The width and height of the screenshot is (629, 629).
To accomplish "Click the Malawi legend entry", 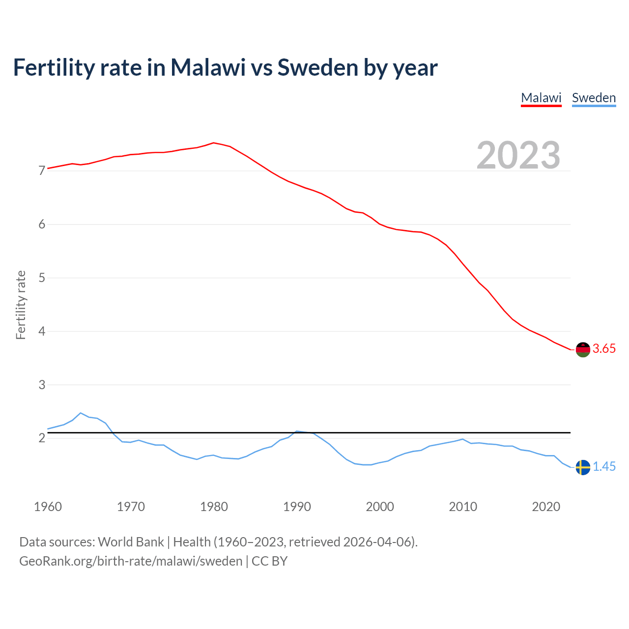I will point(541,98).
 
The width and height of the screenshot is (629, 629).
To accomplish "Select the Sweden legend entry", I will point(594,98).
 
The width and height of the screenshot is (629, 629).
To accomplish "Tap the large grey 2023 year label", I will point(518,155).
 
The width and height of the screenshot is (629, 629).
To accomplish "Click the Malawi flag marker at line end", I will point(583,349).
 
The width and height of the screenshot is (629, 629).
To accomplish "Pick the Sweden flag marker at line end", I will point(583,467).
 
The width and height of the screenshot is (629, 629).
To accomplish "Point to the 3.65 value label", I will point(604,349).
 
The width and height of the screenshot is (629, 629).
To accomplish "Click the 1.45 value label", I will point(604,467).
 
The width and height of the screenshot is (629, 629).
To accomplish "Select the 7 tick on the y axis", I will point(42,171).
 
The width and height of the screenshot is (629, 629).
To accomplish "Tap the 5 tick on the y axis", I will point(42,278).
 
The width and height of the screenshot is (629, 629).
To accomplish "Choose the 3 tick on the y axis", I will point(42,385).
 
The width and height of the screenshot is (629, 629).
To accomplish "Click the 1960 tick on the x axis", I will point(48,507).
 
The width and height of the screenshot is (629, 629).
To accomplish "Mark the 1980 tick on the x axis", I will point(214,507).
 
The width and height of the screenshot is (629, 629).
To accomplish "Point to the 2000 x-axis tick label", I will point(380,507).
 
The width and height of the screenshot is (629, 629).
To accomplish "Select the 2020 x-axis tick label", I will point(546,507).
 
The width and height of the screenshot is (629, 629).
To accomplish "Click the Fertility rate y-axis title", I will point(21,305).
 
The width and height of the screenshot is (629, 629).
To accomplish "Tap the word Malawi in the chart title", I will point(208,67).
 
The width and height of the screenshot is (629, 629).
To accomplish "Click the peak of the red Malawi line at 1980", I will point(213,143).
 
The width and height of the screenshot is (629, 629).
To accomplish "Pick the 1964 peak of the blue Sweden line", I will point(81,413).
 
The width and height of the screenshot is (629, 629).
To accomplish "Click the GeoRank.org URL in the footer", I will point(131,561).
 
